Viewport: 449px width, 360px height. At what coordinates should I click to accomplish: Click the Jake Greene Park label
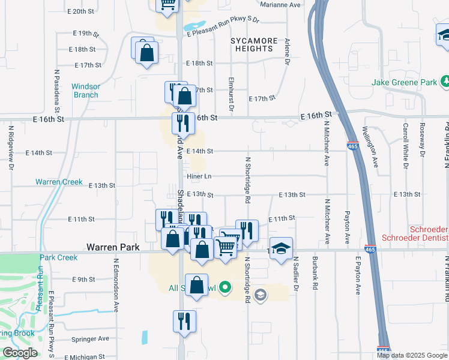[405, 82]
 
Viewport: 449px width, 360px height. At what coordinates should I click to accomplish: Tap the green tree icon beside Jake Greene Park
[445, 81]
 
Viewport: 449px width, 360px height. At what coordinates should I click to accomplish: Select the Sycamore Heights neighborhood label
[255, 45]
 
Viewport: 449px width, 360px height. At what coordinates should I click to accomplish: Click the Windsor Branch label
[86, 91]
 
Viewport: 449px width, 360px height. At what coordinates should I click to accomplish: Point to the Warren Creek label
[59, 181]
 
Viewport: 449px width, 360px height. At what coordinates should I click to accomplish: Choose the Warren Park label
[113, 247]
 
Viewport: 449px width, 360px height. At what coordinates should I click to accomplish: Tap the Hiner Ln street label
[199, 176]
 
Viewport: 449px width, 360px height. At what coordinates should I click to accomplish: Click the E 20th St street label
[81, 11]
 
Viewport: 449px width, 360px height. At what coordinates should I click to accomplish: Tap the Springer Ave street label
[90, 338]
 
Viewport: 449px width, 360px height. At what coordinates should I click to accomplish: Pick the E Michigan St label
[87, 356]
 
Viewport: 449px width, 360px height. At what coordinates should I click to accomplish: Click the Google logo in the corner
[20, 353]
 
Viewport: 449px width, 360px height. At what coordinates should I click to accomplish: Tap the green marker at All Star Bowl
[225, 288]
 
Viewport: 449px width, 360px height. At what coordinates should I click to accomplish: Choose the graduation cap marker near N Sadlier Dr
[280, 250]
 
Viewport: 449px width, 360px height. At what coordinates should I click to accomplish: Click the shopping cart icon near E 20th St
[168, 5]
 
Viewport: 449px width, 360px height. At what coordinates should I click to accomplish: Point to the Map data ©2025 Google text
[411, 355]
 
